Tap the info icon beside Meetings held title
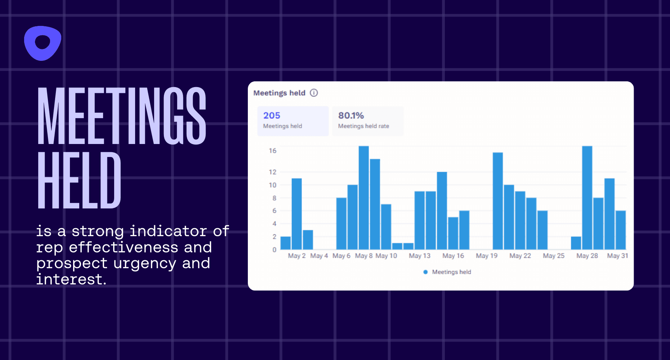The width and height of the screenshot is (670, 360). tap(314, 93)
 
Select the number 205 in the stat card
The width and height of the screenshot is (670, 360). tap(272, 116)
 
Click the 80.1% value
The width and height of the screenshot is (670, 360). tap(351, 116)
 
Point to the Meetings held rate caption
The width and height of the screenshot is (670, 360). tap(363, 126)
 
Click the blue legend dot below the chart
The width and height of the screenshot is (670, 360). tap(425, 272)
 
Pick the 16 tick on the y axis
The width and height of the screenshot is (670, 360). tap(273, 150)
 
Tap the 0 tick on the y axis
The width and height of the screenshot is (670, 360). tap(274, 249)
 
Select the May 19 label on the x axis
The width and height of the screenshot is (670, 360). tap(487, 256)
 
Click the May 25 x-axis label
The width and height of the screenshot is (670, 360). tap(554, 256)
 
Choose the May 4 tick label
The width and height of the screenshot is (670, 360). tap(319, 256)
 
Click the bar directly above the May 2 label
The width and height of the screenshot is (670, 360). tap(297, 214)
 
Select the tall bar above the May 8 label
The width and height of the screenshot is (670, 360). tap(364, 198)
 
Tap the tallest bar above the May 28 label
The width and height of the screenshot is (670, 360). tap(587, 198)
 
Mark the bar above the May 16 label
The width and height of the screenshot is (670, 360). tap(453, 233)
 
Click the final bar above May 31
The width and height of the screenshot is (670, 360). tap(621, 230)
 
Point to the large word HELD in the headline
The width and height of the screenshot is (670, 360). tap(79, 180)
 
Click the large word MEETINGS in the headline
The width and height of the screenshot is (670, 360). tap(122, 116)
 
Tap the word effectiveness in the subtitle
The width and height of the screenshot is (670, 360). tap(123, 247)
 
